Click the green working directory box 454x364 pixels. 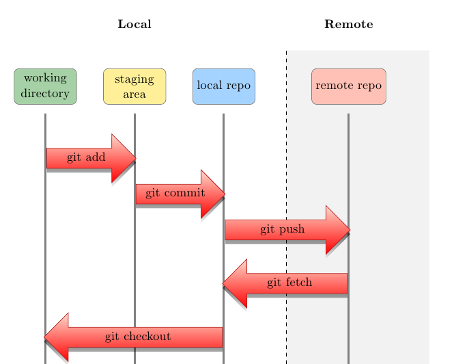pos(45,86)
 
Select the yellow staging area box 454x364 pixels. pos(134,86)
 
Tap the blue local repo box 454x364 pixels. pos(224,86)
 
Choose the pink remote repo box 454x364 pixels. pos(348,86)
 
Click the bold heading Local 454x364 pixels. pos(134,25)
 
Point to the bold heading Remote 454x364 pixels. pos(349,25)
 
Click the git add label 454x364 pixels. pos(86,157)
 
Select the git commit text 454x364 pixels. pos(175,193)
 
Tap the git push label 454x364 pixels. pos(282,229)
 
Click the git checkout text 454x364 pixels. pos(138,337)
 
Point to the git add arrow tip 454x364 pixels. pos(134,158)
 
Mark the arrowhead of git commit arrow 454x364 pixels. pos(224,194)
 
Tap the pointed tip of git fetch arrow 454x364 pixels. pos(224,283)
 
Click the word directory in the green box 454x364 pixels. pos(45,93)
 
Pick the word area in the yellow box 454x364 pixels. pos(134,93)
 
